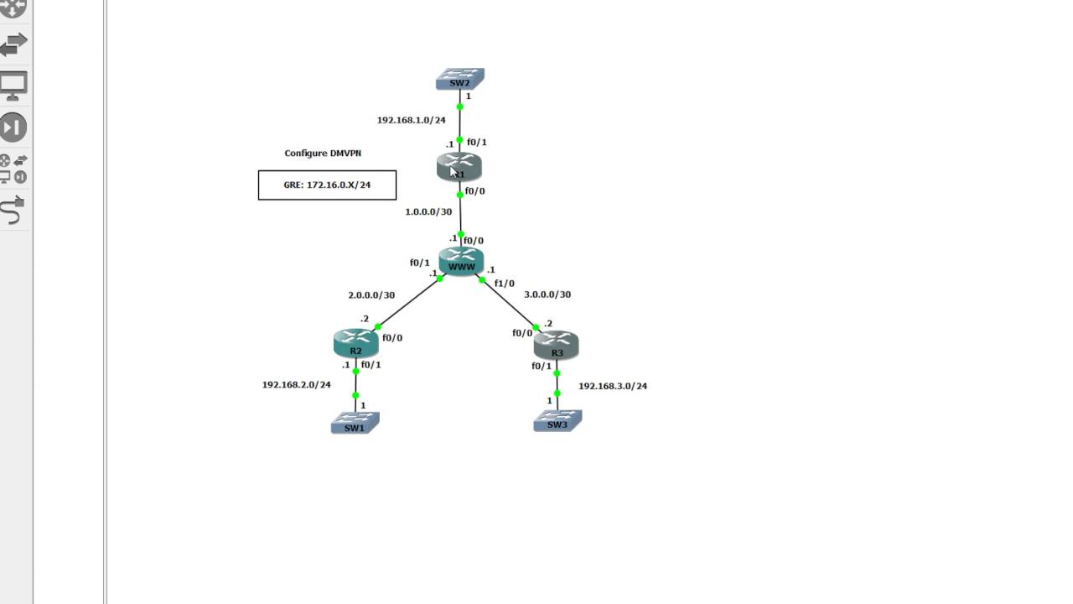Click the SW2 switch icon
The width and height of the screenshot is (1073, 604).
pos(459,80)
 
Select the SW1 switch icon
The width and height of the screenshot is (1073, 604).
pos(355,423)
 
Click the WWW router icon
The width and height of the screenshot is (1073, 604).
pos(461,261)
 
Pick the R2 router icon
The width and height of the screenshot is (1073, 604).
pos(355,343)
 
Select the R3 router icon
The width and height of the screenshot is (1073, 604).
pos(556,345)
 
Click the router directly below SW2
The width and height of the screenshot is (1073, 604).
pos(459,167)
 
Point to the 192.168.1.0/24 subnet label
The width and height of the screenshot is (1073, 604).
pos(411,120)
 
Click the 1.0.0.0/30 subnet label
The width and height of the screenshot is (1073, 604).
pos(428,212)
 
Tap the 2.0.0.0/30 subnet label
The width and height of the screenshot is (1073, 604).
pos(371,295)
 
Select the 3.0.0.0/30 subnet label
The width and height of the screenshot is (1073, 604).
pos(547,294)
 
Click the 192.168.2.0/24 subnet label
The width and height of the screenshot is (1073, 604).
pos(296,385)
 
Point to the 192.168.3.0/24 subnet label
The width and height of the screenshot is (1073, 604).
pos(613,386)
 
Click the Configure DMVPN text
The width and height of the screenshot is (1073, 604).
pos(323,154)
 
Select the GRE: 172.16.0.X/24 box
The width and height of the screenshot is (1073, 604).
pos(327,185)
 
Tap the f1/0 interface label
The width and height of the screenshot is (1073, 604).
pos(504,284)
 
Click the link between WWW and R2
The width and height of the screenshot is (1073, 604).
pos(409,303)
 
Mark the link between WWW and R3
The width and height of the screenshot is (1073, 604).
pos(509,304)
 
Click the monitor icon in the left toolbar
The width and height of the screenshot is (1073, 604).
pos(14,86)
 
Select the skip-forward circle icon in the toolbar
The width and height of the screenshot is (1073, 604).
pos(13,128)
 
